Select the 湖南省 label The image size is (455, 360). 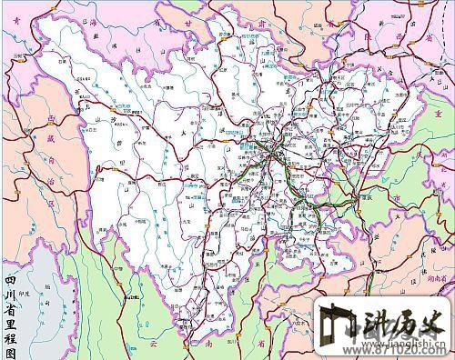click(x=442, y=257)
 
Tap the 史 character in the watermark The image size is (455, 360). click(x=438, y=320)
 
